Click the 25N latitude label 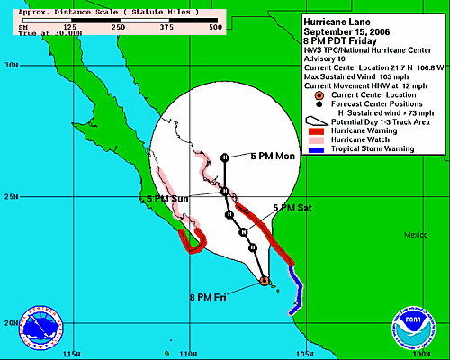click(11, 196)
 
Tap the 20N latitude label click(11, 323)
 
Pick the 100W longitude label click(416, 352)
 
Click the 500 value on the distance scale click(215, 27)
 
